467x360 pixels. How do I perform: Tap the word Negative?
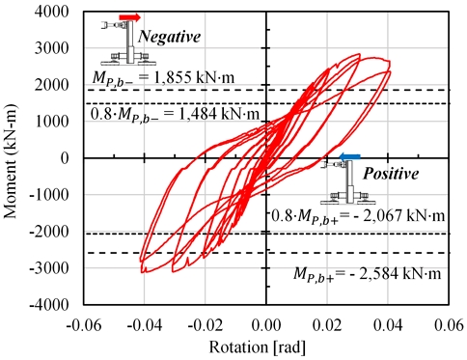click(170, 37)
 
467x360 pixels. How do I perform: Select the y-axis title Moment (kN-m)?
click(13, 158)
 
